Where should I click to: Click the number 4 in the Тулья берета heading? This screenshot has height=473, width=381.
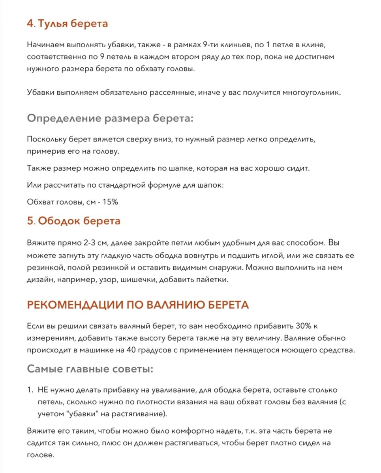pyautogui.click(x=30, y=24)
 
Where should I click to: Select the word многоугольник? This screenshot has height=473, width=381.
pyautogui.click(x=309, y=93)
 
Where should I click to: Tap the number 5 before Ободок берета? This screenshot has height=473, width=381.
pyautogui.click(x=30, y=221)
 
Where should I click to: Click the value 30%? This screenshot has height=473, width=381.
pyautogui.click(x=304, y=326)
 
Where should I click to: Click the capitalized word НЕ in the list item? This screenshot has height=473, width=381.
pyautogui.click(x=42, y=390)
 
